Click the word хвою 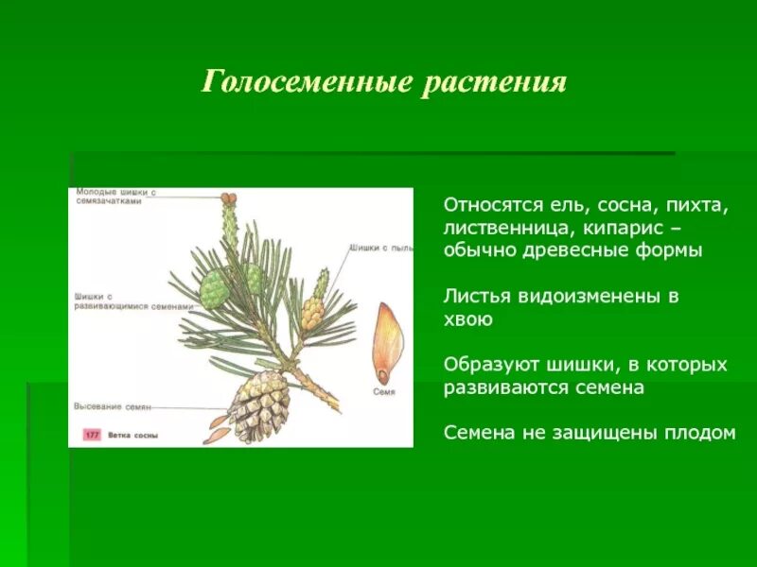click(468, 318)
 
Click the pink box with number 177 click(91, 435)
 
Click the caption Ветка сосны click(133, 435)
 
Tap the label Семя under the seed click(383, 390)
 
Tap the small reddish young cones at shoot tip click(227, 198)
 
